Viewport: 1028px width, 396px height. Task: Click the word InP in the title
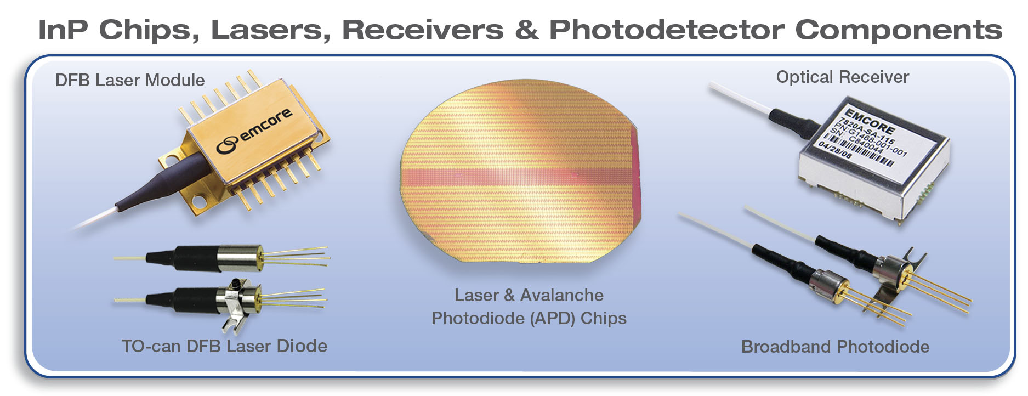[63, 30]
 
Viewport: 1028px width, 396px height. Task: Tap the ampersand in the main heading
[526, 30]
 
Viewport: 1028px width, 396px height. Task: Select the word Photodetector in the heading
[666, 30]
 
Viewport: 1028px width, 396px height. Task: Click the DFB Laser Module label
[130, 81]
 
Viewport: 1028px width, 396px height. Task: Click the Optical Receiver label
[842, 77]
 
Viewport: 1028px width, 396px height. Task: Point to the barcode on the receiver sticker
[861, 150]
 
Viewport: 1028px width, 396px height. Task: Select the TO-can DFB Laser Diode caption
[224, 346]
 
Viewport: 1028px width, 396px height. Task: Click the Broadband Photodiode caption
[835, 347]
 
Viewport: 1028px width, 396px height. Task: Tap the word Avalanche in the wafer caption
[561, 295]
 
